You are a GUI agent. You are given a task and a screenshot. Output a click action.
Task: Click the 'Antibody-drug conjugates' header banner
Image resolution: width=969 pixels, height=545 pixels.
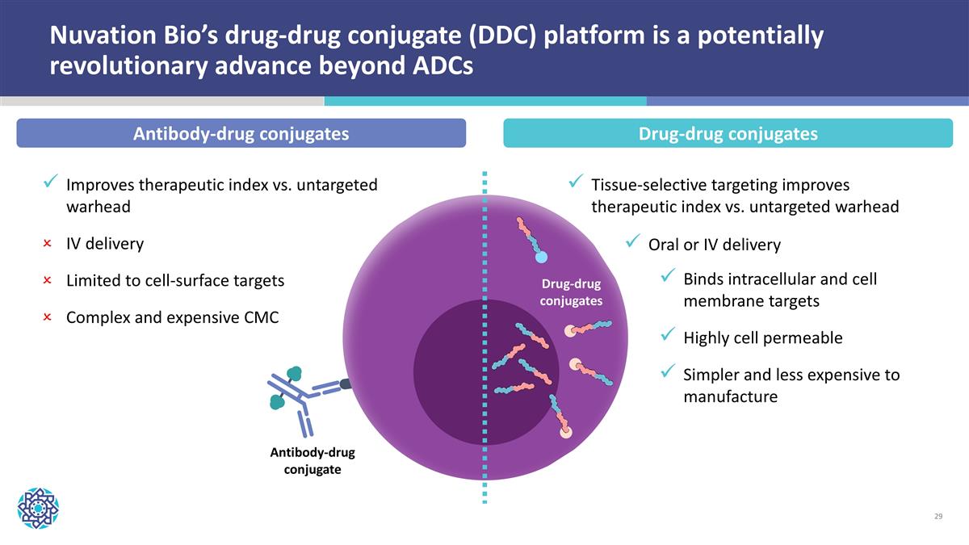click(241, 133)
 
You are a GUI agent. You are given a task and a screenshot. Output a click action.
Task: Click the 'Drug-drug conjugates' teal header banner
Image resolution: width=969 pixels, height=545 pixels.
click(728, 133)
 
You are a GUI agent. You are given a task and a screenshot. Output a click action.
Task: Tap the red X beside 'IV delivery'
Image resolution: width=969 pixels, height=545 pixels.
click(47, 244)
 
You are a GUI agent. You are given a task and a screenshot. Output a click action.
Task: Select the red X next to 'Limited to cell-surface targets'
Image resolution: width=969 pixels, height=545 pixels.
click(47, 280)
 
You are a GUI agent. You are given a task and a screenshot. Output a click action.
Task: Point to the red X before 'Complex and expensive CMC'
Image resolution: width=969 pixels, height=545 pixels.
click(47, 317)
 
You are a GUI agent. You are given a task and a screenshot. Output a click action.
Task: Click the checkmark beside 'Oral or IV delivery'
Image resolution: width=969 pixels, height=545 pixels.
click(632, 241)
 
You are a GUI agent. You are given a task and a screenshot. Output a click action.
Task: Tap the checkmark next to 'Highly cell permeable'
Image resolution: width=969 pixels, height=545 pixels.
click(668, 334)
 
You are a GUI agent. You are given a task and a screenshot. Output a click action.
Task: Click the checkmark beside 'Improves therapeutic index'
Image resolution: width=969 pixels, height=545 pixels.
click(51, 181)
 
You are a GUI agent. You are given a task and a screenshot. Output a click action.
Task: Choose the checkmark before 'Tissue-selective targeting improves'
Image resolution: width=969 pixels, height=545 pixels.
click(576, 181)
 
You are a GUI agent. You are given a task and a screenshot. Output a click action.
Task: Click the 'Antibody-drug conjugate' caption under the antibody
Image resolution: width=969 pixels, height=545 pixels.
click(313, 461)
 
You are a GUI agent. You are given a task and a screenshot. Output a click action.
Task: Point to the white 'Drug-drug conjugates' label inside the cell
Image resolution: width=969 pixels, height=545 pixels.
click(571, 292)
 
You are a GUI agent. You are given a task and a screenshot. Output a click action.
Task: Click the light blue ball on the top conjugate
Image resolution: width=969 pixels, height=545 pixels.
click(541, 258)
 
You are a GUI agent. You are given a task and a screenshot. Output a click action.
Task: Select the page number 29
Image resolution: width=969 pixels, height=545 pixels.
click(938, 516)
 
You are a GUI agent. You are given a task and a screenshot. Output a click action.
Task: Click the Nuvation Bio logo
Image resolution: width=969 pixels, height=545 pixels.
click(38, 508)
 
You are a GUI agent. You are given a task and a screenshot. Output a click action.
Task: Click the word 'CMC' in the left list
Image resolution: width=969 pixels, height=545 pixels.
click(262, 317)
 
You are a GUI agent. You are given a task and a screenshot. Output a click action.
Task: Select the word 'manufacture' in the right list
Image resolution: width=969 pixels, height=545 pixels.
click(731, 396)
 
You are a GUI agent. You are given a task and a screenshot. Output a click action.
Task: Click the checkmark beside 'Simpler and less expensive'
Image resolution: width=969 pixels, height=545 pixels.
click(668, 371)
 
